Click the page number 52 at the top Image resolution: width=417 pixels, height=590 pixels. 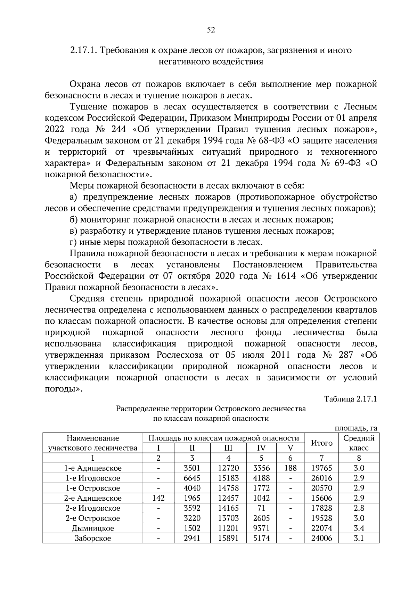(x=211, y=30)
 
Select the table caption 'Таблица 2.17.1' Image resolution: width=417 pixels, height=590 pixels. (x=350, y=399)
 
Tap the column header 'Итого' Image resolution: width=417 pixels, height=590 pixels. (x=321, y=443)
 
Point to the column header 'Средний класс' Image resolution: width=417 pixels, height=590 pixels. (x=359, y=443)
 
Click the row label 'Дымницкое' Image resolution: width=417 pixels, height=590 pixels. (x=93, y=528)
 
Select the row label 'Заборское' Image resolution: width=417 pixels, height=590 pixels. (x=93, y=539)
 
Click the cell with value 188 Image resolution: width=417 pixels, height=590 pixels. (x=290, y=468)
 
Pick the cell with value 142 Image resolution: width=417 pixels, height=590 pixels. (x=158, y=498)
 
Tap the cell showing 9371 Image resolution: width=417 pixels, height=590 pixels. (x=261, y=528)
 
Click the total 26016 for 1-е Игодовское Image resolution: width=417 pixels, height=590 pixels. (x=321, y=478)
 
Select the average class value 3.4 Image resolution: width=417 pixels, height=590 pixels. (x=359, y=528)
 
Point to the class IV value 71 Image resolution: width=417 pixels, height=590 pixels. (x=261, y=508)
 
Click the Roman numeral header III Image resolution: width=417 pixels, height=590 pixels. (x=228, y=448)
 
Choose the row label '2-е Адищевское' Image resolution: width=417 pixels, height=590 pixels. (x=93, y=498)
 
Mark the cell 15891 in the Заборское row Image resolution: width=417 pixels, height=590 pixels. (x=228, y=539)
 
